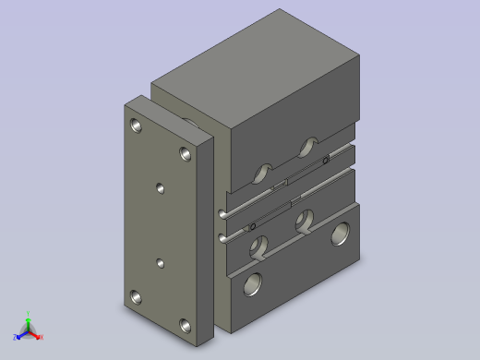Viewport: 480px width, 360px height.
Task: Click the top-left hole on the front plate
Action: click(x=137, y=124)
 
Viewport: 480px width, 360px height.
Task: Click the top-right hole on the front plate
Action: click(x=186, y=151)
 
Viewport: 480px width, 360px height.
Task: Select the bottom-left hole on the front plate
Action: click(x=137, y=297)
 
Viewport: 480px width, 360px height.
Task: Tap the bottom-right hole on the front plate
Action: click(x=186, y=325)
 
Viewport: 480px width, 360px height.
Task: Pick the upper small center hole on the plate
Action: click(x=161, y=188)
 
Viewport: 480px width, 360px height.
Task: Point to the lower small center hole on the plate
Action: click(x=161, y=263)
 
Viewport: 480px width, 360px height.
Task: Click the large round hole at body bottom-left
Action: click(x=253, y=284)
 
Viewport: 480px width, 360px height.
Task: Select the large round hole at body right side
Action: click(x=341, y=234)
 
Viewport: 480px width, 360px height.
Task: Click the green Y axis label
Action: click(x=29, y=314)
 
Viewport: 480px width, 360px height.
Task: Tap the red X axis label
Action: click(x=42, y=337)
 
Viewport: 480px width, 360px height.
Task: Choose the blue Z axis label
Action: click(x=16, y=337)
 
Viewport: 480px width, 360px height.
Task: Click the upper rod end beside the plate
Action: click(x=222, y=215)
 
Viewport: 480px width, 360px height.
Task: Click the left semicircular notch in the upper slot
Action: click(x=263, y=172)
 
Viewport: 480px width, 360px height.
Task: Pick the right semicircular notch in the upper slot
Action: click(x=307, y=147)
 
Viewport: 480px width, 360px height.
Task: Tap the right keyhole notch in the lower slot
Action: click(x=304, y=222)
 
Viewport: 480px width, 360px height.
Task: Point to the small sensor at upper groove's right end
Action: click(x=326, y=161)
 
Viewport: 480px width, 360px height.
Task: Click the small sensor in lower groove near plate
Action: click(x=252, y=226)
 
